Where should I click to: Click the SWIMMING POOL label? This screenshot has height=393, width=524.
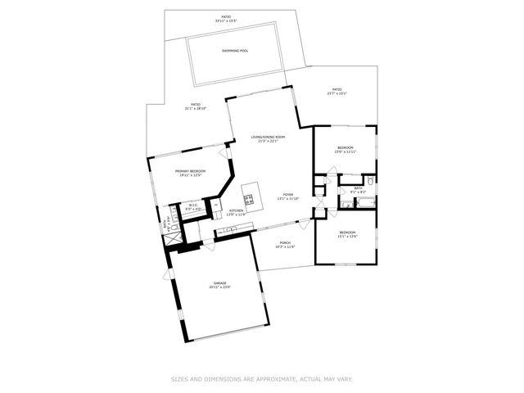tap(235, 51)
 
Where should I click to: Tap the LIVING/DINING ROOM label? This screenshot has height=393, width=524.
tap(268, 137)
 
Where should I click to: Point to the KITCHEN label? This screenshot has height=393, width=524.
tap(237, 210)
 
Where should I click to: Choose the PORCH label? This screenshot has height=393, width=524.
tap(285, 242)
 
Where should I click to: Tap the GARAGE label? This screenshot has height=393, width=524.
tap(220, 283)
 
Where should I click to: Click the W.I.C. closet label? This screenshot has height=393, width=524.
tap(193, 206)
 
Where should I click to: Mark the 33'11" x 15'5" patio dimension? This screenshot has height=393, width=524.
tap(224, 20)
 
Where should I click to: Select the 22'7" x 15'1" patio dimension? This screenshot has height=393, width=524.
tap(337, 94)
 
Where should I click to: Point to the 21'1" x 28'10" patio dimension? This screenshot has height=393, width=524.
tap(196, 109)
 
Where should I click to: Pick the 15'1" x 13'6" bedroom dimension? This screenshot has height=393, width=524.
tap(346, 237)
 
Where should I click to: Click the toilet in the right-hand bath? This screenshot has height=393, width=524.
tap(370, 180)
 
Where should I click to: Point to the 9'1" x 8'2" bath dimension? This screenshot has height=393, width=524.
tap(358, 192)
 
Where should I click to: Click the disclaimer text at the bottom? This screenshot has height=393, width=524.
tap(262, 379)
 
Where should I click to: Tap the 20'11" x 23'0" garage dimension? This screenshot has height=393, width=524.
tap(220, 287)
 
